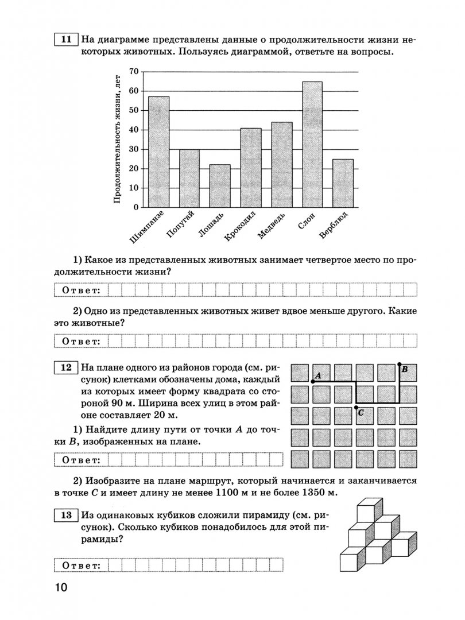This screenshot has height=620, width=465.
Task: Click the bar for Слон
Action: pyautogui.click(x=312, y=144)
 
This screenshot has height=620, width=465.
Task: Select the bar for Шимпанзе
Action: pyautogui.click(x=158, y=152)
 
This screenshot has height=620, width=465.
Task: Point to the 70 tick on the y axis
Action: pyautogui.click(x=134, y=71)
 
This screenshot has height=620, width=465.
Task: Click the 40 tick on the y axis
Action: pyautogui.click(x=134, y=129)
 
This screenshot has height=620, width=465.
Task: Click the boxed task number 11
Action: pyautogui.click(x=65, y=39)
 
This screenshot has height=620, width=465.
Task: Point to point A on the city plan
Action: pyautogui.click(x=312, y=381)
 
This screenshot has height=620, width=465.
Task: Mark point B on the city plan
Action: pyautogui.click(x=400, y=363)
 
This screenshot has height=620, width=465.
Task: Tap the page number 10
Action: pyautogui.click(x=61, y=588)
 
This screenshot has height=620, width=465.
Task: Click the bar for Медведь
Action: pyautogui.click(x=281, y=164)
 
